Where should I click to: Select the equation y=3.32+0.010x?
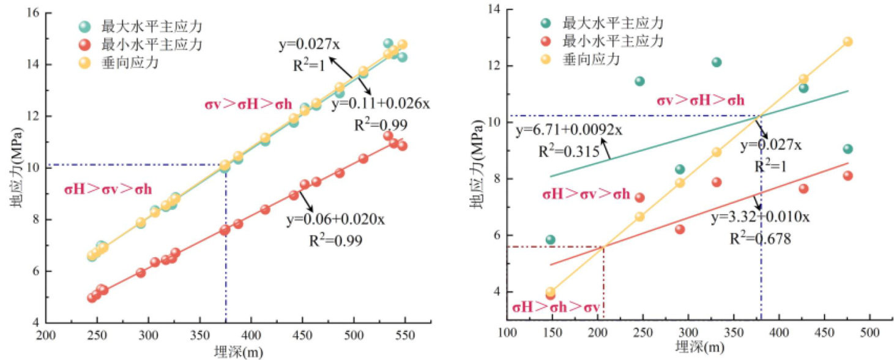[761, 217]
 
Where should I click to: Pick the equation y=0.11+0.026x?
[381, 104]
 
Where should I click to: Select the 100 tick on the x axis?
[507, 333]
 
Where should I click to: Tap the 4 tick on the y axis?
[488, 292]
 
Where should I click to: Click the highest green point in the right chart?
[717, 62]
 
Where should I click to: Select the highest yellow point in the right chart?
[847, 42]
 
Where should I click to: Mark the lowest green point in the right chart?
[550, 239]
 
